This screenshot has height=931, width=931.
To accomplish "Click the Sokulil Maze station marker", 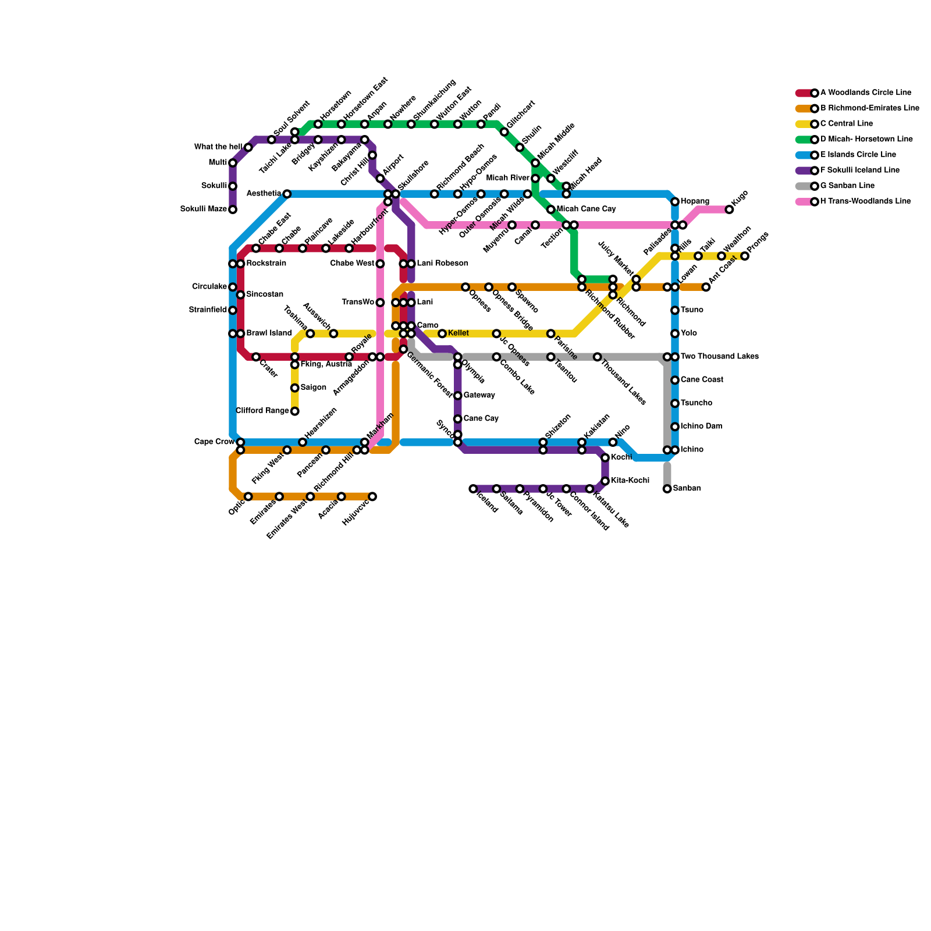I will click(x=233, y=209).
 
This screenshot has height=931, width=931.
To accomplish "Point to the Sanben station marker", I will click(x=667, y=489).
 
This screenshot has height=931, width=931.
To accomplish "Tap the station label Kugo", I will click(x=741, y=198).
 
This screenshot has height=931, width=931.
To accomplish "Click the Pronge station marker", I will click(x=745, y=256).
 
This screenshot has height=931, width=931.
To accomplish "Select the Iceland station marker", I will click(x=473, y=489).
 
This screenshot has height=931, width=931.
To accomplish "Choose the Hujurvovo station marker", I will click(x=372, y=496).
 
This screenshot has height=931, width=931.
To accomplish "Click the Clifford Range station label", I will click(x=262, y=411).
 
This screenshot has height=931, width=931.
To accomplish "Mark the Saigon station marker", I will click(x=295, y=388).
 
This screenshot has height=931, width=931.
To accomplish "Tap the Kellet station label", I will click(x=459, y=333).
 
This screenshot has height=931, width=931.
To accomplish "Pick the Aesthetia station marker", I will click(x=287, y=194).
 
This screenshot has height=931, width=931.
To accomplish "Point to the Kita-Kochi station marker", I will click(x=605, y=481).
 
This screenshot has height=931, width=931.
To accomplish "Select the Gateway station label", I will click(x=479, y=396).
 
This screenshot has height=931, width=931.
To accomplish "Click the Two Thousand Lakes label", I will click(x=719, y=357).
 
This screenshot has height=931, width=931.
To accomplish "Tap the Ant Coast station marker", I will click(x=706, y=287).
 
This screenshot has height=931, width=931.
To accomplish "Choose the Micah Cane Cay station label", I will click(x=586, y=209).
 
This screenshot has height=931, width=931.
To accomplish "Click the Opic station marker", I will click(x=248, y=496).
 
